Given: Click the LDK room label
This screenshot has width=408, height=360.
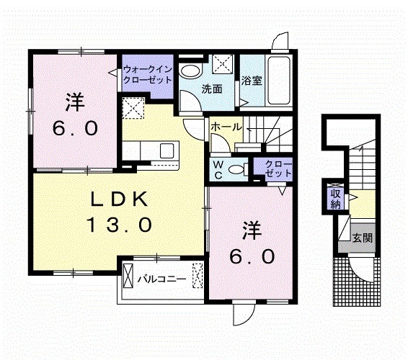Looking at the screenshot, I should pos(120,199).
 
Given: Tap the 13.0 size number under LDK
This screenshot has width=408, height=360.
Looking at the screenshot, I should pos(120,225).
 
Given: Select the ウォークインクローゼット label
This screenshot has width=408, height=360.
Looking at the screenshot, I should pos(147,74).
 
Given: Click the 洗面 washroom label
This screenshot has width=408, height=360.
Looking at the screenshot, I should pos(211,89).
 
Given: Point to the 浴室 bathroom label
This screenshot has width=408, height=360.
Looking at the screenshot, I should pos(251,81).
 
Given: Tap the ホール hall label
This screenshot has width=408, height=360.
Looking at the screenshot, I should pos(226,127).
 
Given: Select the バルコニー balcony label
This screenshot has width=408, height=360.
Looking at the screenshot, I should pos(163,277).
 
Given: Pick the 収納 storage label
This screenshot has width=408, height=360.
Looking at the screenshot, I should pos(336,197).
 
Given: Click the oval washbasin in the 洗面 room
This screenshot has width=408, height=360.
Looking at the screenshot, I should pos(190,71).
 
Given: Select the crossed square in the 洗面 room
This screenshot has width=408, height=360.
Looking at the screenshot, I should pos(223,63).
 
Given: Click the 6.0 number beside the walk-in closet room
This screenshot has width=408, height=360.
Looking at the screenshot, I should pos(74,128).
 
